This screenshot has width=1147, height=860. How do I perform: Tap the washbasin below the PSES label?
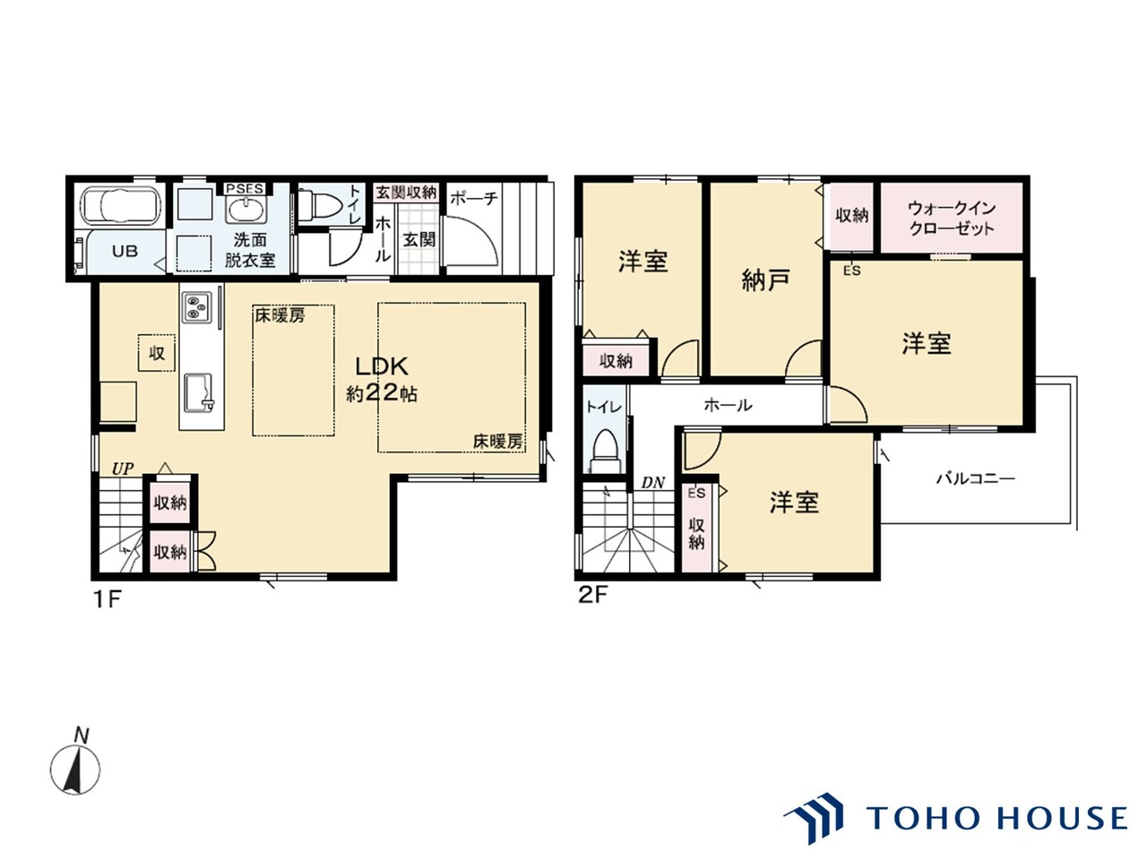point(246,208)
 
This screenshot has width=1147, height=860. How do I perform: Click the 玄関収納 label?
point(406,192)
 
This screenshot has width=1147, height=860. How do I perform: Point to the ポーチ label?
point(473,198)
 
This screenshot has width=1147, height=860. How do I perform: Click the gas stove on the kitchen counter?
point(196,307)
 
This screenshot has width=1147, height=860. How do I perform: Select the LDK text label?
point(382,366)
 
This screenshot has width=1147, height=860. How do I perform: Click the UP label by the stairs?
point(123,469)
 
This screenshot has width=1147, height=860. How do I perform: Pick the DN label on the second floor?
point(652,483)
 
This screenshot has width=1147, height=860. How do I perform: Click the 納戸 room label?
point(765,280)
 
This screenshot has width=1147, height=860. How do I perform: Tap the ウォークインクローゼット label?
point(951,219)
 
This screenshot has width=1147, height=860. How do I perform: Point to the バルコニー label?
point(975,478)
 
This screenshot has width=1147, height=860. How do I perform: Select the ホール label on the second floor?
point(728,405)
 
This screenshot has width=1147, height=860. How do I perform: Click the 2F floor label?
point(592,595)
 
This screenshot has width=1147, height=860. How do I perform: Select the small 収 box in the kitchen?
point(156,353)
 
